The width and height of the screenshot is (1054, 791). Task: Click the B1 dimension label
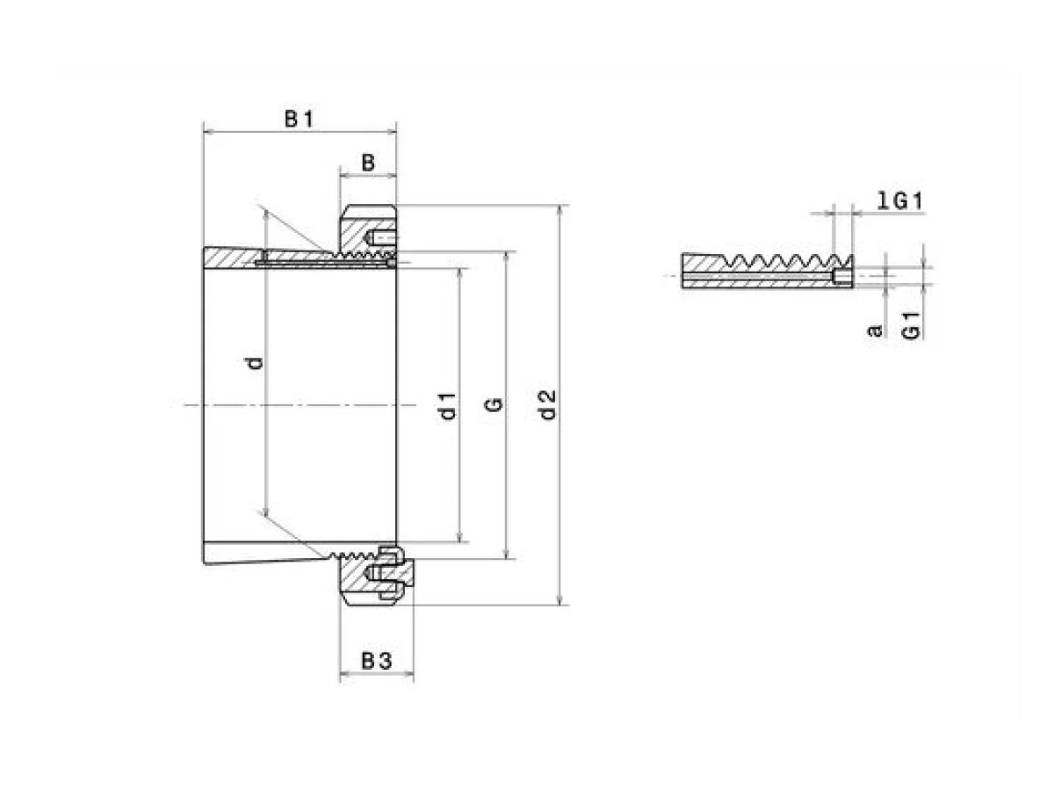(299, 119)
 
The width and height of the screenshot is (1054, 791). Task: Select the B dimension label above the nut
(368, 163)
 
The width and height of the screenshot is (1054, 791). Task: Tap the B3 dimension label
(377, 661)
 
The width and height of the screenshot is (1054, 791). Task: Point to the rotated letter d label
(256, 363)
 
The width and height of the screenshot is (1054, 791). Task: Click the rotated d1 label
(448, 406)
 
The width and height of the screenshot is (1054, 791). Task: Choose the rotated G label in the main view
(495, 405)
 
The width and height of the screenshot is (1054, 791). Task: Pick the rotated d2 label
(547, 405)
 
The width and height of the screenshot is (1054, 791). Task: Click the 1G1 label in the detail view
(899, 200)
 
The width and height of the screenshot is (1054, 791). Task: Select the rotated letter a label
(875, 330)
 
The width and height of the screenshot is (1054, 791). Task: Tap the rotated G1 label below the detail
(911, 325)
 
